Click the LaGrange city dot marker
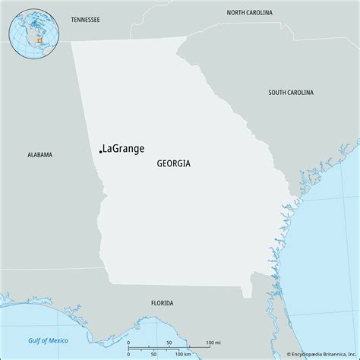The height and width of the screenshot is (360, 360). click(x=100, y=151)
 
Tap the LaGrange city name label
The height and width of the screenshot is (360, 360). click(x=122, y=148)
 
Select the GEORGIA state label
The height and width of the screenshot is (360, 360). click(x=174, y=163)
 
